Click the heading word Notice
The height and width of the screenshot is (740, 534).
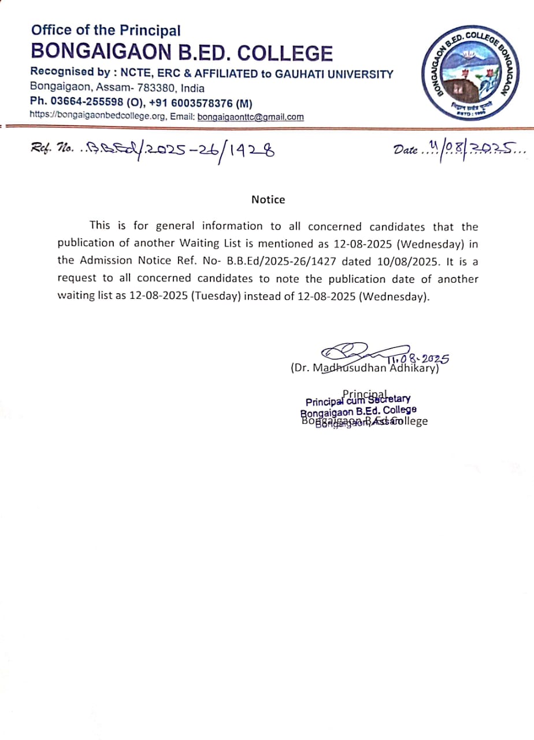[x=268, y=199]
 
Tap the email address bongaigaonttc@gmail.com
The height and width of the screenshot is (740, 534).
[x=250, y=117]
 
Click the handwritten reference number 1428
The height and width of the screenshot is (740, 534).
[x=249, y=151]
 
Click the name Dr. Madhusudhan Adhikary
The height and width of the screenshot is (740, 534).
[x=365, y=368]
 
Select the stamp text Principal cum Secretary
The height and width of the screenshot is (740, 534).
[x=358, y=399]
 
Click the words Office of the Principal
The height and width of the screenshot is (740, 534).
[x=106, y=30]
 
